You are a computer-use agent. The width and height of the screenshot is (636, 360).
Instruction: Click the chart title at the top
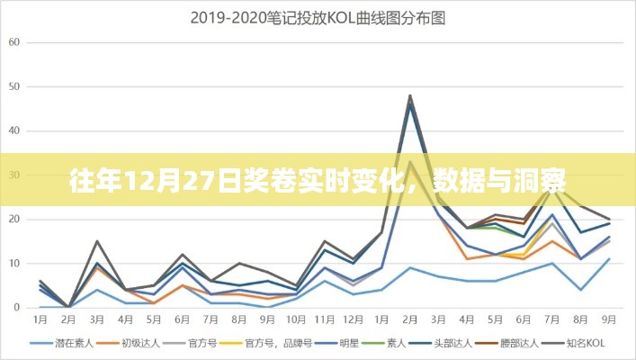[318, 16]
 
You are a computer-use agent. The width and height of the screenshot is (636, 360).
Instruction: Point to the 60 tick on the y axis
[13, 42]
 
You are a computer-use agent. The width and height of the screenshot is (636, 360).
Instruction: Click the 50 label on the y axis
[13, 86]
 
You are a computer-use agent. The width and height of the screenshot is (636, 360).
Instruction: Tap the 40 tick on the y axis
[13, 130]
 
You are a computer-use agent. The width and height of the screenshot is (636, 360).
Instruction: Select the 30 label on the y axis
[13, 175]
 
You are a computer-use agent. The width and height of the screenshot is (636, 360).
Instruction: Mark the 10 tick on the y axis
[13, 263]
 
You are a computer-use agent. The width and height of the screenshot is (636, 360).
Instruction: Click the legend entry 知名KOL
[590, 343]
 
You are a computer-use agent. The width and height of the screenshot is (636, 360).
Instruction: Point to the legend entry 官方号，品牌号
[273, 343]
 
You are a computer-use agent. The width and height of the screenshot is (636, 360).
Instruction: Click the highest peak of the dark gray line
[410, 95]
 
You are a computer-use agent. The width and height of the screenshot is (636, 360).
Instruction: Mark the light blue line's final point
[610, 259]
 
